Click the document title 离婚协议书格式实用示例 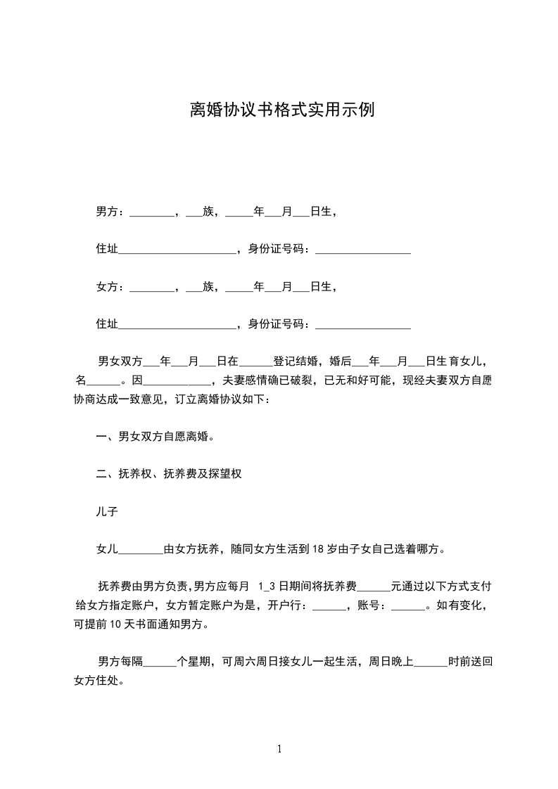tap(279, 110)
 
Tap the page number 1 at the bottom tap(279, 749)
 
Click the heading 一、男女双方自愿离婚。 tap(156, 437)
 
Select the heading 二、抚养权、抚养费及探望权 tap(169, 475)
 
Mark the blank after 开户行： tap(328, 605)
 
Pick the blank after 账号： tap(407, 605)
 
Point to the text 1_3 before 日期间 tap(265, 586)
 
